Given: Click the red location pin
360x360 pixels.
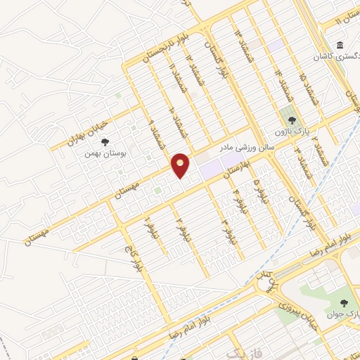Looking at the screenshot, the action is point(180,165).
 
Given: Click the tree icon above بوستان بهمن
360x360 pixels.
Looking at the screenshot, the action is point(105,142).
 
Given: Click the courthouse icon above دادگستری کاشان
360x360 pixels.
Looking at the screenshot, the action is point(340,46).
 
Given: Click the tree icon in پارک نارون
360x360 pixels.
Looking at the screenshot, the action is point(291,120).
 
